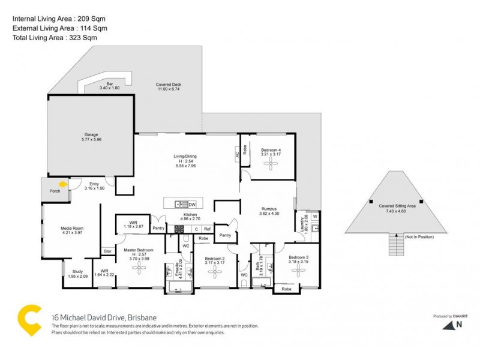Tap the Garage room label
tap(91, 134)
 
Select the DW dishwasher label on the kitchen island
tap(192, 203)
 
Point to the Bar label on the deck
tap(110, 84)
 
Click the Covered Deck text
tap(169, 85)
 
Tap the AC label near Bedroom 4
tap(237, 154)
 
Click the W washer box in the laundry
tap(314, 216)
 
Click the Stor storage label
tap(107, 251)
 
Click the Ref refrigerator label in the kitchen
tap(206, 229)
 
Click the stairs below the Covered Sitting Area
tap(395, 245)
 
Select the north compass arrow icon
tap(448, 325)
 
